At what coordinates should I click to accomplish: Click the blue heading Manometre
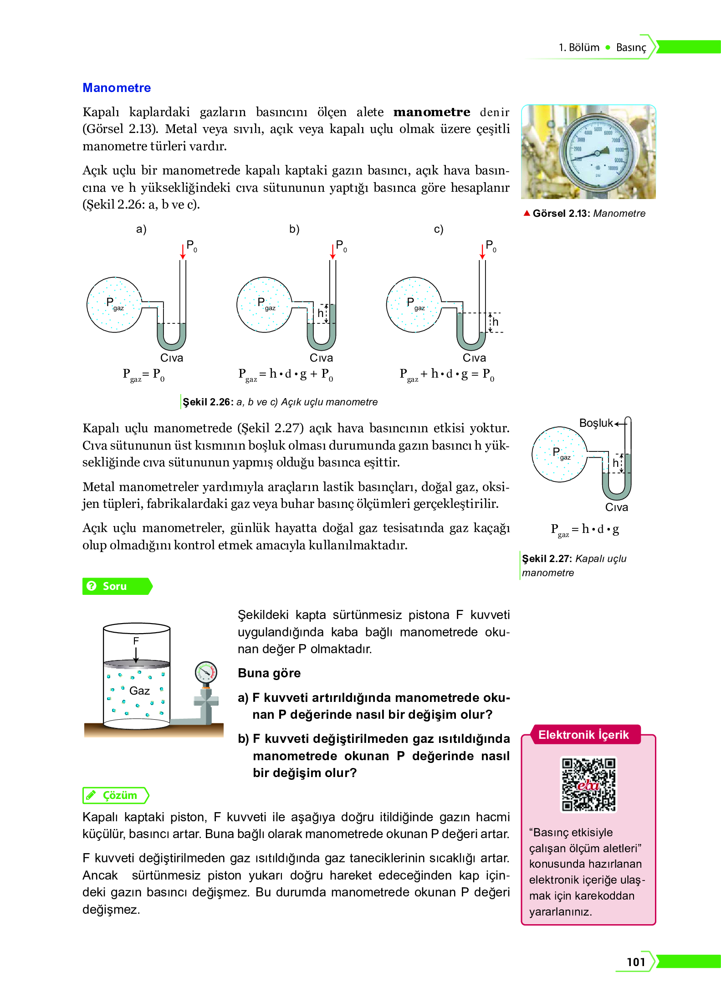coord(117,88)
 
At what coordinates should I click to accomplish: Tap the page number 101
coord(636,962)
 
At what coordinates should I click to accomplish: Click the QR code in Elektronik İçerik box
coord(588,784)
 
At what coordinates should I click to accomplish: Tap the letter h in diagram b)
coord(321,313)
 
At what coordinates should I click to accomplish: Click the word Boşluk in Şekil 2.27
coord(596,423)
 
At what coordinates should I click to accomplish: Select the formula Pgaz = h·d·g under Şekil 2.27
coord(585,530)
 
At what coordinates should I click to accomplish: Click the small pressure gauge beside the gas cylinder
coord(206,672)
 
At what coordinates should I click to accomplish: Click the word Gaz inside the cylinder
coord(139,691)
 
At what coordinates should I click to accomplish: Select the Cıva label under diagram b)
coord(321,358)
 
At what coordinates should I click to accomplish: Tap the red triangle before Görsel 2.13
coord(527,213)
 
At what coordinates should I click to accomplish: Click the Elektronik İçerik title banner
coord(583,735)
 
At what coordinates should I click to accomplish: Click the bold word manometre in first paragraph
coord(431,112)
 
